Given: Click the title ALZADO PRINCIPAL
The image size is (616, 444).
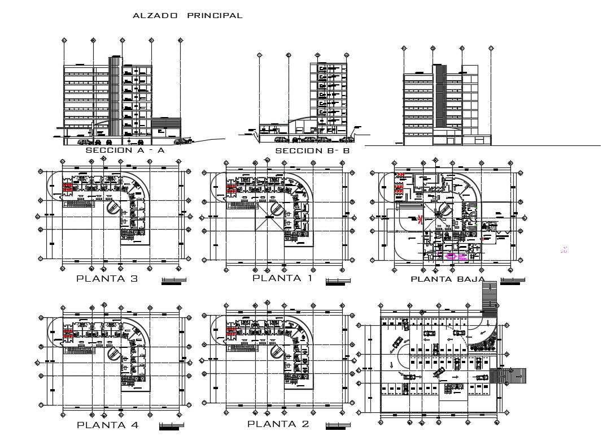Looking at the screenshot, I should coord(187,16).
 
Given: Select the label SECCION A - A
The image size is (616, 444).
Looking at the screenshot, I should coord(125,151).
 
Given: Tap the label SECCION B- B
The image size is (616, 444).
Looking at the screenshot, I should coord(312,152).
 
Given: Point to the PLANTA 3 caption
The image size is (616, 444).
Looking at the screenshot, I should coord(107,279).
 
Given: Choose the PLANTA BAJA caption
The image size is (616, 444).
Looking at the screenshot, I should coord(447,279).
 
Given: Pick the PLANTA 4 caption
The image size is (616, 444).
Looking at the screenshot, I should coord(107,425).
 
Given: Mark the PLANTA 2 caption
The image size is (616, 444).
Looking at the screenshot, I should coord(278,424).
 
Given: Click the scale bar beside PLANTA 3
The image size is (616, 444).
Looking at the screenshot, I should coord(173,282).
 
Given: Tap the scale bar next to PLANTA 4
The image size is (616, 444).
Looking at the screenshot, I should coord(172,427).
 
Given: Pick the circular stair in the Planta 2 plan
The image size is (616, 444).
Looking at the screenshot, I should coord(277,351).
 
